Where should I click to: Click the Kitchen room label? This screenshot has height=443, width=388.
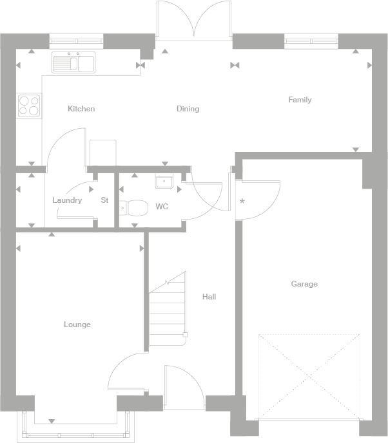pyautogui.click(x=81, y=109)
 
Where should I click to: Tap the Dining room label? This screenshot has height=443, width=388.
pyautogui.click(x=188, y=109)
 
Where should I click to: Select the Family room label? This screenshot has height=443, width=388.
pyautogui.click(x=300, y=100)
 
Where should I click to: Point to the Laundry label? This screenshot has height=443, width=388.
pyautogui.click(x=67, y=200)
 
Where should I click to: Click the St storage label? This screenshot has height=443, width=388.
pyautogui.click(x=104, y=200)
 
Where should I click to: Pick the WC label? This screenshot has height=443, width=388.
pyautogui.click(x=162, y=207)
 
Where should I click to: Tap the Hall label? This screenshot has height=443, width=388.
pyautogui.click(x=209, y=297)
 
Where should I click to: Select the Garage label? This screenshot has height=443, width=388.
pyautogui.click(x=304, y=284)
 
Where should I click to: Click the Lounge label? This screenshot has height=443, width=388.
pyautogui.click(x=77, y=325)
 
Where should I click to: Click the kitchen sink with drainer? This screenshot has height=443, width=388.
pyautogui.click(x=73, y=62)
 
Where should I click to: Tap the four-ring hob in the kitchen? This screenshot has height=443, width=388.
pyautogui.click(x=29, y=105)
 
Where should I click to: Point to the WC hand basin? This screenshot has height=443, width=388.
pyautogui.click(x=164, y=182)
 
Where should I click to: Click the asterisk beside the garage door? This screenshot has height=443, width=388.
pyautogui.click(x=242, y=202)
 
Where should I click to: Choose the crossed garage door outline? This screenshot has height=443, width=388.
pyautogui.click(x=309, y=375)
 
